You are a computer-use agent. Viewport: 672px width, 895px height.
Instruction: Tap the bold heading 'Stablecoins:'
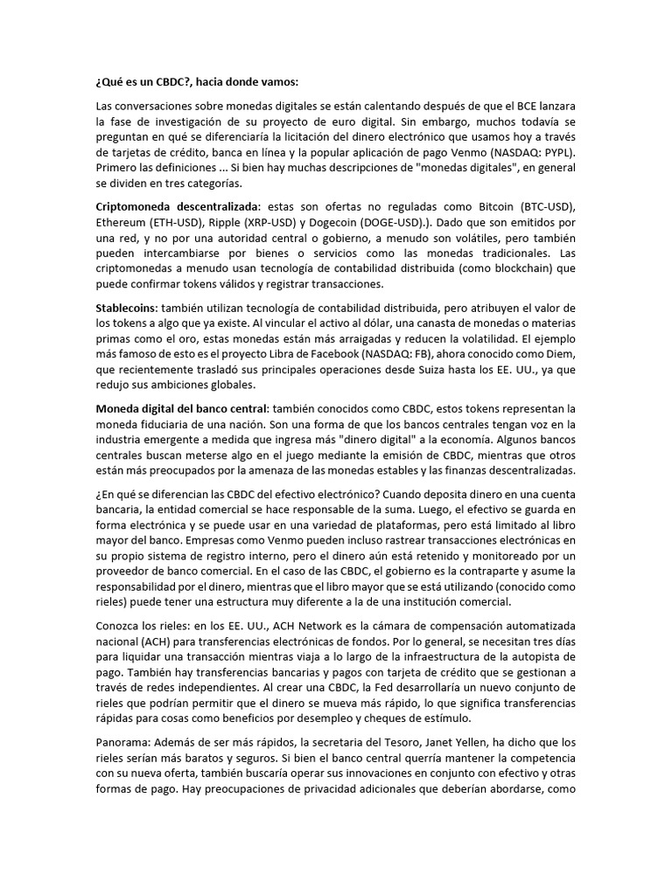pos(127,308)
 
